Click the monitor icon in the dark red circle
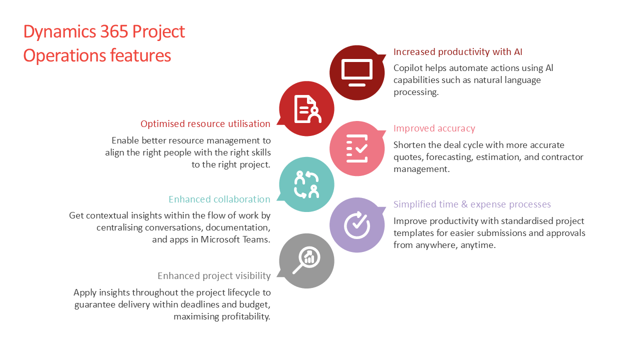pyautogui.click(x=357, y=72)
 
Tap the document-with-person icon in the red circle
pyautogui.click(x=307, y=108)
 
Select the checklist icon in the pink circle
pyautogui.click(x=357, y=148)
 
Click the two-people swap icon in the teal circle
pyautogui.click(x=306, y=184)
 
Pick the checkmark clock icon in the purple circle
pyautogui.click(x=357, y=224)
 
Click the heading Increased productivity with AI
pyautogui.click(x=457, y=52)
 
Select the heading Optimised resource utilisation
pyautogui.click(x=205, y=124)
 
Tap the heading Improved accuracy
pyautogui.click(x=434, y=128)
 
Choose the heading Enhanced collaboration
pyautogui.click(x=219, y=199)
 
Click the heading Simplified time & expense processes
pyautogui.click(x=472, y=204)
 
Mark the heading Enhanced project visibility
pyautogui.click(x=214, y=276)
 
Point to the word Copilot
pyautogui.click(x=408, y=68)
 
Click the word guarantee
pyautogui.click(x=97, y=304)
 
